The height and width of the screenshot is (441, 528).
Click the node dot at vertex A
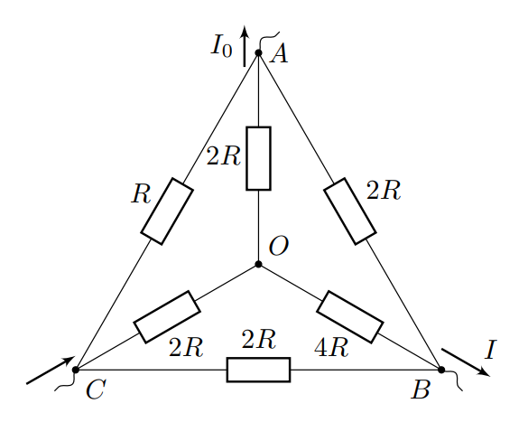pyautogui.click(x=258, y=52)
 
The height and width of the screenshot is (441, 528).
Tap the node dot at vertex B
pyautogui.click(x=441, y=370)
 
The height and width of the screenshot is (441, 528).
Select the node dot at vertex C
pyautogui.click(x=76, y=370)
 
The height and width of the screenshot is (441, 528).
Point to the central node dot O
pyautogui.click(x=258, y=264)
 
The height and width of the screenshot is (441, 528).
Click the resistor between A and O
pyautogui.click(x=259, y=158)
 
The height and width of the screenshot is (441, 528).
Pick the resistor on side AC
pyautogui.click(x=167, y=211)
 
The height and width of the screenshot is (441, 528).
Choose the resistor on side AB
pyautogui.click(x=350, y=211)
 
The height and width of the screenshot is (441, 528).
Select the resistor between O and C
pyautogui.click(x=167, y=317)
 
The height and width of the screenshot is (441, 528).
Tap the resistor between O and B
pyautogui.click(x=350, y=317)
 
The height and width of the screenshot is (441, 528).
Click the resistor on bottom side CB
pyautogui.click(x=259, y=370)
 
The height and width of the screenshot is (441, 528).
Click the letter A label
pyautogui.click(x=280, y=54)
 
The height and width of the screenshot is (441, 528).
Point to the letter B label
pyautogui.click(x=421, y=389)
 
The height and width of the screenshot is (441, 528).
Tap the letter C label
pyautogui.click(x=96, y=389)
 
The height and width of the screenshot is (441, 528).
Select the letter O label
pyautogui.click(x=279, y=246)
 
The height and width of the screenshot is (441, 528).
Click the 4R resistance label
pyautogui.click(x=331, y=348)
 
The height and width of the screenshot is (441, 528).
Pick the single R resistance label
pyautogui.click(x=141, y=194)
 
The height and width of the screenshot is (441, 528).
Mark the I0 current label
pyautogui.click(x=221, y=45)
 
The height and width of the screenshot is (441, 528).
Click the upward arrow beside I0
pyautogui.click(x=245, y=46)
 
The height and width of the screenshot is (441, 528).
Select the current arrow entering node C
pyautogui.click(x=51, y=370)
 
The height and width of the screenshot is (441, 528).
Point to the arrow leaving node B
pyautogui.click(x=466, y=362)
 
